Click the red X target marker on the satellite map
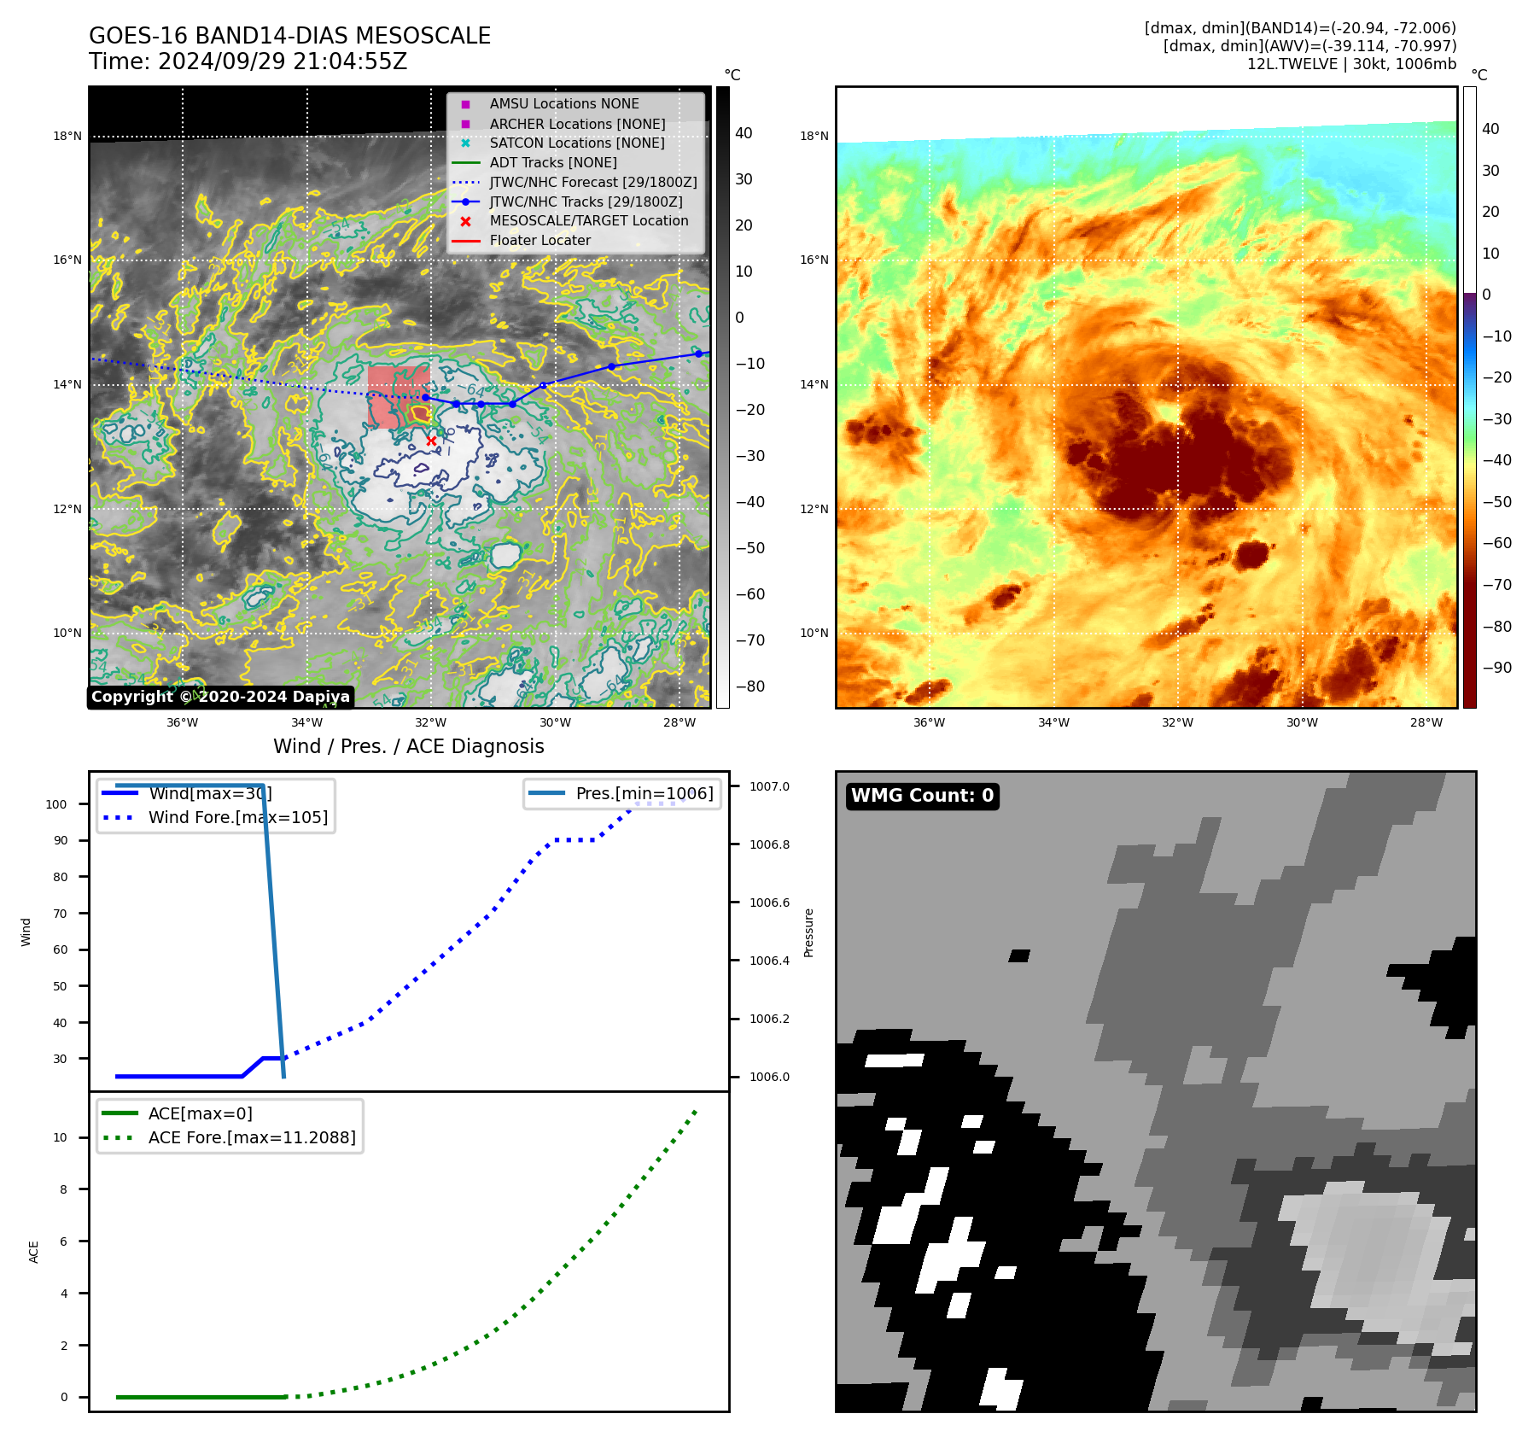tap(431, 441)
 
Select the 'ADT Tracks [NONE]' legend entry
tap(552, 162)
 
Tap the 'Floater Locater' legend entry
tap(540, 240)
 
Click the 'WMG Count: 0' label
tap(922, 796)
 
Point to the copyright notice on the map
tap(220, 697)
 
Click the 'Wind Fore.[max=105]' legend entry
tap(237, 817)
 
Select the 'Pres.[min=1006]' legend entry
tap(644, 793)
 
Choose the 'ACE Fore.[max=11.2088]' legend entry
tap(251, 1137)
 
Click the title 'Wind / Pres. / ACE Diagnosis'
tap(408, 746)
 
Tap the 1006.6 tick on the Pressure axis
tap(769, 903)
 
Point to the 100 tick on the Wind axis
tap(56, 804)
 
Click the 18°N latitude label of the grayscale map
tap(67, 136)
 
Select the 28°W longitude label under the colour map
tap(1426, 722)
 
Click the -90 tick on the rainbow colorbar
tap(1496, 668)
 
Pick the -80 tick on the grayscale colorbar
tap(750, 686)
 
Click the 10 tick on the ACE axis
tap(60, 1137)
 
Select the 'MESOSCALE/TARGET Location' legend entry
tap(588, 220)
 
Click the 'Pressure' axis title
tap(808, 932)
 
